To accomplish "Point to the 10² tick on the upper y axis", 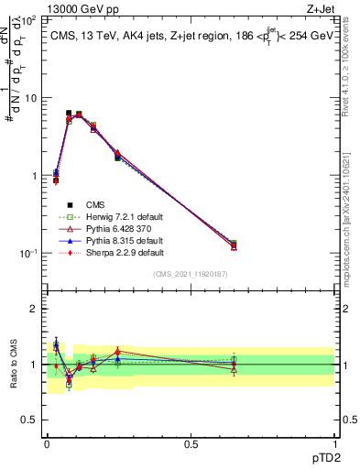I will point(30,19).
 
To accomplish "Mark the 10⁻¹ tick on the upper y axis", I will point(30,253).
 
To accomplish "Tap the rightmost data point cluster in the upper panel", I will point(234,245).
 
